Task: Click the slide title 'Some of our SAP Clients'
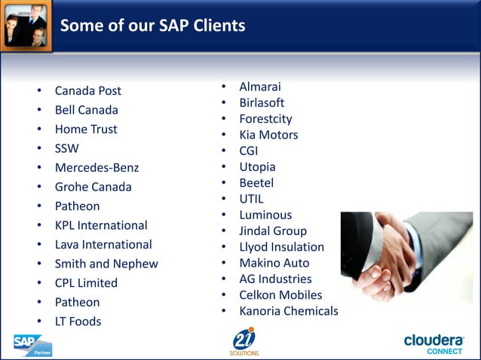(x=152, y=26)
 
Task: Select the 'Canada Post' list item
(x=87, y=91)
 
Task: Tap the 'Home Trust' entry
(x=86, y=130)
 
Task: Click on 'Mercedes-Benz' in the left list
(x=97, y=168)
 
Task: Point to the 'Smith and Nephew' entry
(x=106, y=264)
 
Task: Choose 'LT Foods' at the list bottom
(x=78, y=322)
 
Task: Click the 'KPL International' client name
(x=101, y=225)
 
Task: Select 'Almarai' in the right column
(x=260, y=87)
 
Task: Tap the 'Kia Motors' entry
(x=268, y=136)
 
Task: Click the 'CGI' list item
(x=249, y=151)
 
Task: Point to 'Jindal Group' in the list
(x=273, y=231)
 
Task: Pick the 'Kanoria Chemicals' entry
(x=289, y=311)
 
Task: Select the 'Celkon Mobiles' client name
(x=280, y=295)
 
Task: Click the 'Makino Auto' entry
(x=274, y=263)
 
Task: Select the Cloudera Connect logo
(x=434, y=343)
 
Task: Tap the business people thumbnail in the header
(x=26, y=25)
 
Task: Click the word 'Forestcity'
(x=265, y=119)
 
